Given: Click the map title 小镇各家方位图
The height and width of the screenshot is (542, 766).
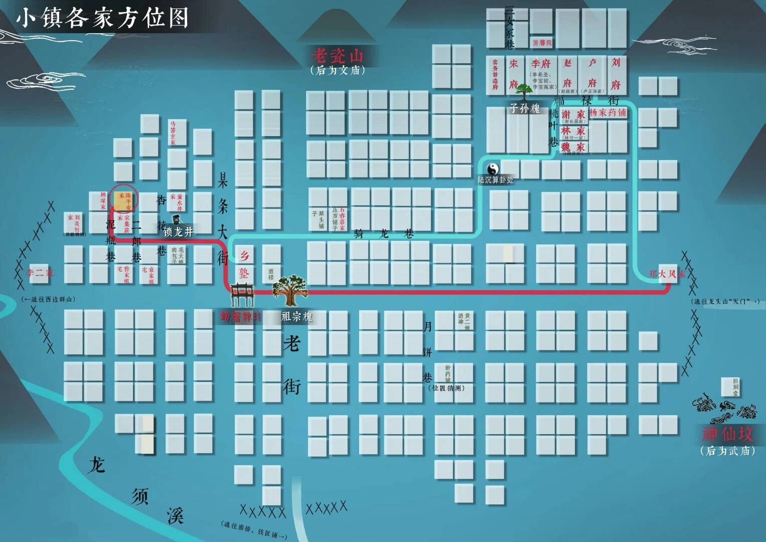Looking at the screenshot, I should coord(103,18).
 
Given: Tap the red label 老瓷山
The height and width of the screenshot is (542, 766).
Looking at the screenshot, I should coord(337,55).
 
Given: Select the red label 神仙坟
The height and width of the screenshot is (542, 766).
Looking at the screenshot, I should coord(727,433).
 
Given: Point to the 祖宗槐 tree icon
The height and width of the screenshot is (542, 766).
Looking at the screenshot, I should coord(289,290).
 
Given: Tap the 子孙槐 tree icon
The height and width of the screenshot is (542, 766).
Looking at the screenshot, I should coord(524,93).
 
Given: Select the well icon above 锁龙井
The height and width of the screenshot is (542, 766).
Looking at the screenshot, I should coord(177,219).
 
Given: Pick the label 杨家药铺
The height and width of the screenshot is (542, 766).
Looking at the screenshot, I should coord(608,112).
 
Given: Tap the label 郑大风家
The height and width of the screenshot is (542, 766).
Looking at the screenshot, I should coord(667,274).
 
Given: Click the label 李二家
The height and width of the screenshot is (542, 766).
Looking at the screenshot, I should coord(40,273).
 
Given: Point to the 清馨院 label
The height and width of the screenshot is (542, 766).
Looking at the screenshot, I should coord(542,43).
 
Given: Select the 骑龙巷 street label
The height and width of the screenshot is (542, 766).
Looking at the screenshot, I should coord(384,233).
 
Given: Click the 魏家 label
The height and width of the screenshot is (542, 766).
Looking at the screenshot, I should coord(573,147).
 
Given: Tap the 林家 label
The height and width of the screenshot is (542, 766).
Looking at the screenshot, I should coord(573,130).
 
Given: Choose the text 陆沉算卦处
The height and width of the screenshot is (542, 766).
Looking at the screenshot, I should coord(496,180).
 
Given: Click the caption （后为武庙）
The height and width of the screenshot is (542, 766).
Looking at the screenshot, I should coord(727,451).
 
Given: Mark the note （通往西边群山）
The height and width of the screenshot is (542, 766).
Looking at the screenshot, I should coord(49,299).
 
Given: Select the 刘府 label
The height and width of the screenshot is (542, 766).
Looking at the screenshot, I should coord(616,73).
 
